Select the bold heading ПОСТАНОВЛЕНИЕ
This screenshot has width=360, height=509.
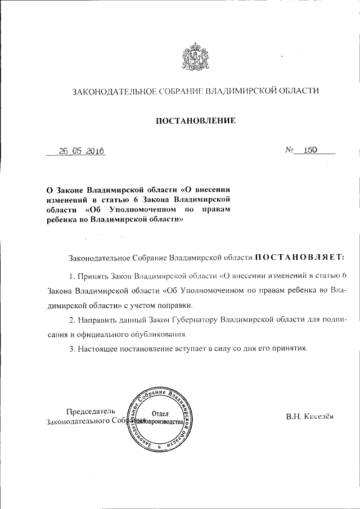pos(195,120)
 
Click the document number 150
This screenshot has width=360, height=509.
pos(310,150)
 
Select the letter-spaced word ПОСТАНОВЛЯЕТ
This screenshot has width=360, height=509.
pos(299,258)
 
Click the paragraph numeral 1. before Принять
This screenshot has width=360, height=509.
pos(71,276)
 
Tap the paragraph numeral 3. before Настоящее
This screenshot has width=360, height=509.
pos(71,348)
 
